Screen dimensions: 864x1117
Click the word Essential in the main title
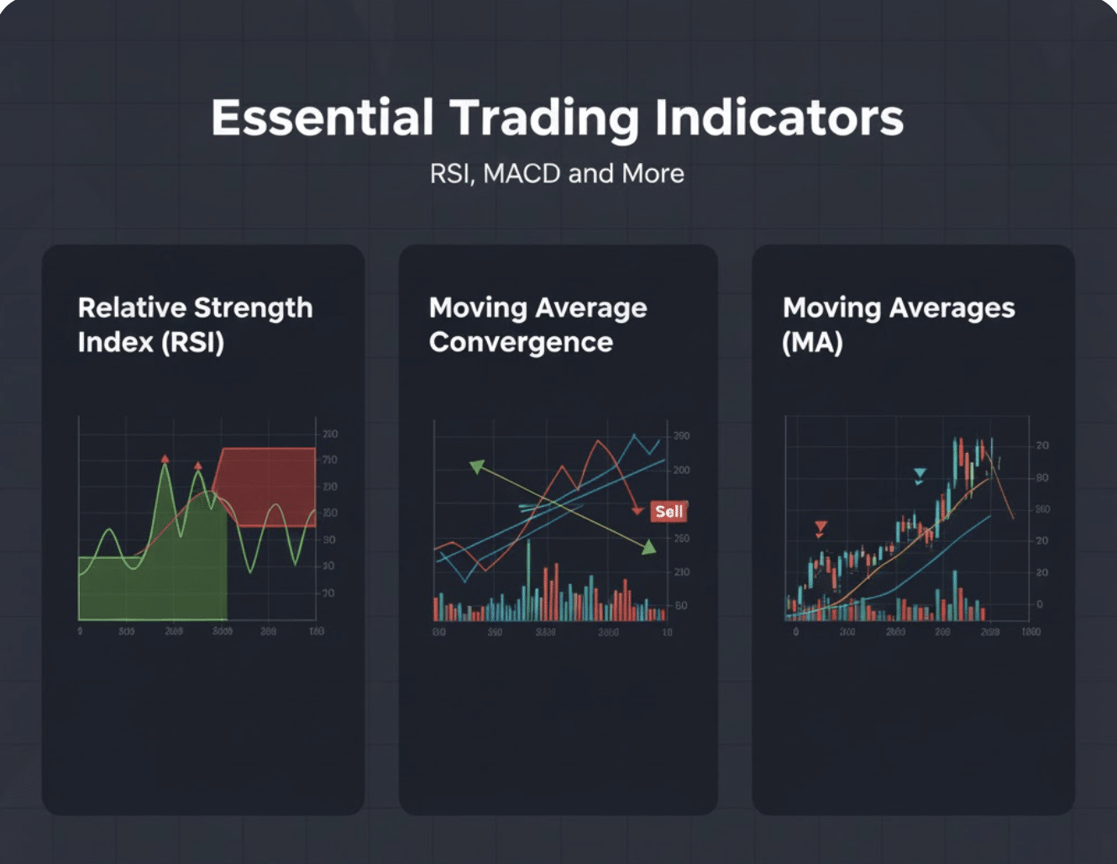tap(322, 118)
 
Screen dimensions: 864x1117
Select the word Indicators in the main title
tap(779, 118)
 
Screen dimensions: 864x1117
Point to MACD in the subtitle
tap(522, 174)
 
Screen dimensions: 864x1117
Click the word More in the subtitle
tap(653, 174)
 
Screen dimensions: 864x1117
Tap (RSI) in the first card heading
tap(193, 343)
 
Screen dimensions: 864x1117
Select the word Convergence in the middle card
tap(521, 343)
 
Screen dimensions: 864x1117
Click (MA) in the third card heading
tap(812, 343)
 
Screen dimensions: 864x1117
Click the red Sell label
tap(669, 511)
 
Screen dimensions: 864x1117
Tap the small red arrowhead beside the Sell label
tap(638, 509)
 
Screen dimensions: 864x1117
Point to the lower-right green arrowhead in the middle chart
tap(648, 548)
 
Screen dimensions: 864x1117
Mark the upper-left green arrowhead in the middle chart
tap(476, 466)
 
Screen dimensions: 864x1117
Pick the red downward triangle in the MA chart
tap(821, 528)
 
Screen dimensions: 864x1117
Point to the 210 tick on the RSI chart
tap(330, 435)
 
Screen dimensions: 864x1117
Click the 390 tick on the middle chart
tap(681, 436)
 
